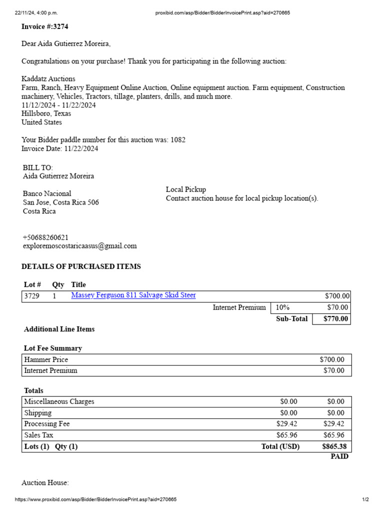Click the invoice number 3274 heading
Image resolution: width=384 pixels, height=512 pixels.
tap(45, 26)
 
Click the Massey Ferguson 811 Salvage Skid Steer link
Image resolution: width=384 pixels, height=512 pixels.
tap(133, 295)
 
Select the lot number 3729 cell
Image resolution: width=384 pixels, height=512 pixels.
tap(31, 296)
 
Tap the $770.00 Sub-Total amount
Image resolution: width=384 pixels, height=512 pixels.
tap(336, 319)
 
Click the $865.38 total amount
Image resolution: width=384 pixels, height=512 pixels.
tap(334, 446)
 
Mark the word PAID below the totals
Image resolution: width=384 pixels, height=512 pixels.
tap(339, 456)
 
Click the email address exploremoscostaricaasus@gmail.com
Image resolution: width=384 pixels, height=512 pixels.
tap(79, 246)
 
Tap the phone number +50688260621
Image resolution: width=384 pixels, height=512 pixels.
tap(45, 237)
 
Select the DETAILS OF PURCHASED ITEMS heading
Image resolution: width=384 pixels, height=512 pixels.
tap(81, 266)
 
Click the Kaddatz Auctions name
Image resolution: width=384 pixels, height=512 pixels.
tap(48, 79)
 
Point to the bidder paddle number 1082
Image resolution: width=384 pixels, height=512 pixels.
tap(178, 140)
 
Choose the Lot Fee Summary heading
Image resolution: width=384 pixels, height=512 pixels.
tap(53, 348)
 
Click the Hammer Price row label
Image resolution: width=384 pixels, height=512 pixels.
tap(46, 359)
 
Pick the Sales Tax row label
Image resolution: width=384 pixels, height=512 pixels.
tap(39, 435)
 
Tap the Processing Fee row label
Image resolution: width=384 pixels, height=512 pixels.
tap(47, 424)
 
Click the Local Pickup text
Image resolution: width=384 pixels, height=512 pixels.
tap(186, 189)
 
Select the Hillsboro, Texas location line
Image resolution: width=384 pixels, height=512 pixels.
tap(46, 113)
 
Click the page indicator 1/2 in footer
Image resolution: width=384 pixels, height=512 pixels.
tap(365, 499)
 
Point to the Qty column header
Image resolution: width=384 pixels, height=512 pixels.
tap(58, 284)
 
